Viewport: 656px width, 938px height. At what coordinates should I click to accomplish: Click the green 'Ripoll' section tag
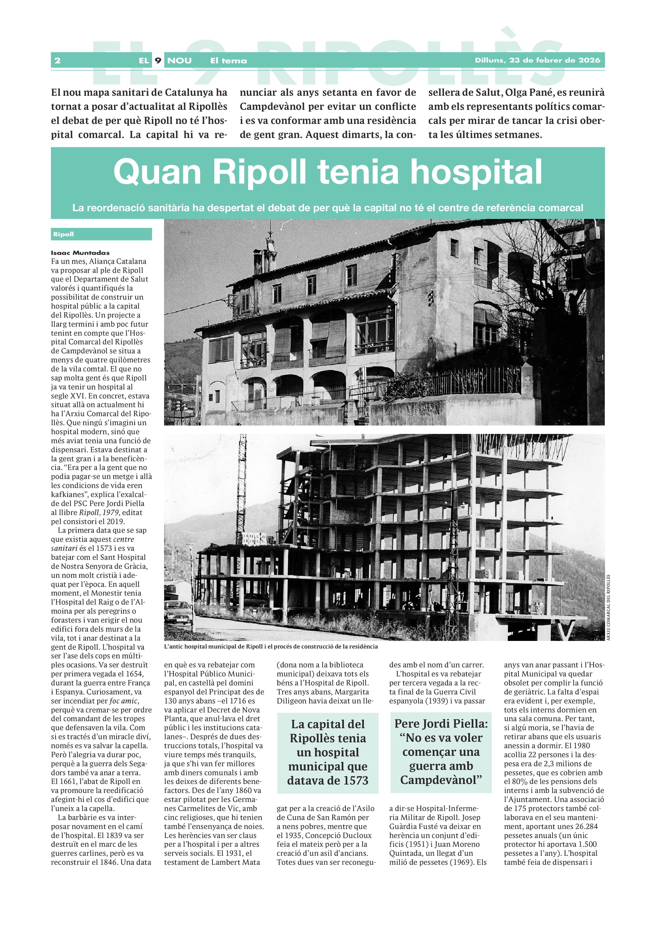(x=64, y=234)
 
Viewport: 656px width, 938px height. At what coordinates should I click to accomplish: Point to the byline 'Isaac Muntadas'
(x=80, y=253)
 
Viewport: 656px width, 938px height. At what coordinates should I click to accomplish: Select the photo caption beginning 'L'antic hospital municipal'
(x=271, y=646)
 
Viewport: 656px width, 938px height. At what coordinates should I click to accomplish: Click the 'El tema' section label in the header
(x=228, y=61)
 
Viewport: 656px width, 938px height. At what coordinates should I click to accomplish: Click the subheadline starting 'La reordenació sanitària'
(x=327, y=208)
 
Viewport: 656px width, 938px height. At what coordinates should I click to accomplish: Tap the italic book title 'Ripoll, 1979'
(x=99, y=512)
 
